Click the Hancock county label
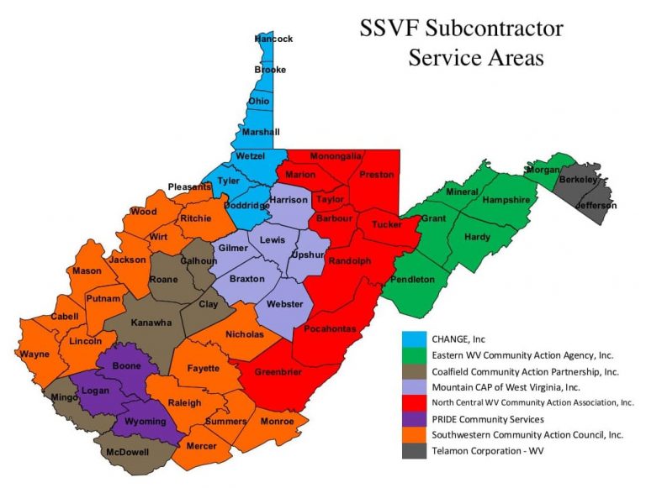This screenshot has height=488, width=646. pos(273,39)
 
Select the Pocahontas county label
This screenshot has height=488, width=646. pos(331,328)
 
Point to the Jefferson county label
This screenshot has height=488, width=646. pos(596,205)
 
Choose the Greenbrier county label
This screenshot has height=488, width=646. pos(278,372)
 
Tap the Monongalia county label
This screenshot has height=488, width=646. pos(336,156)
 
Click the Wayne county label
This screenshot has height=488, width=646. pos(34,354)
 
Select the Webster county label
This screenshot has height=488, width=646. pos(285,305)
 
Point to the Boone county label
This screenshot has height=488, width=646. pos(127,366)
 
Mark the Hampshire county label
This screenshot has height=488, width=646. pos(506,200)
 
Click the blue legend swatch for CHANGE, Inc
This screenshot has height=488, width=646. pos(414,338)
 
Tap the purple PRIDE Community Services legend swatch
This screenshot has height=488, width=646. pos(414,418)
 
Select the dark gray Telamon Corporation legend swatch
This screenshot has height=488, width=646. pos(414,450)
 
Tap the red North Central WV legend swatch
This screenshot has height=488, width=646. pos(414,402)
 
